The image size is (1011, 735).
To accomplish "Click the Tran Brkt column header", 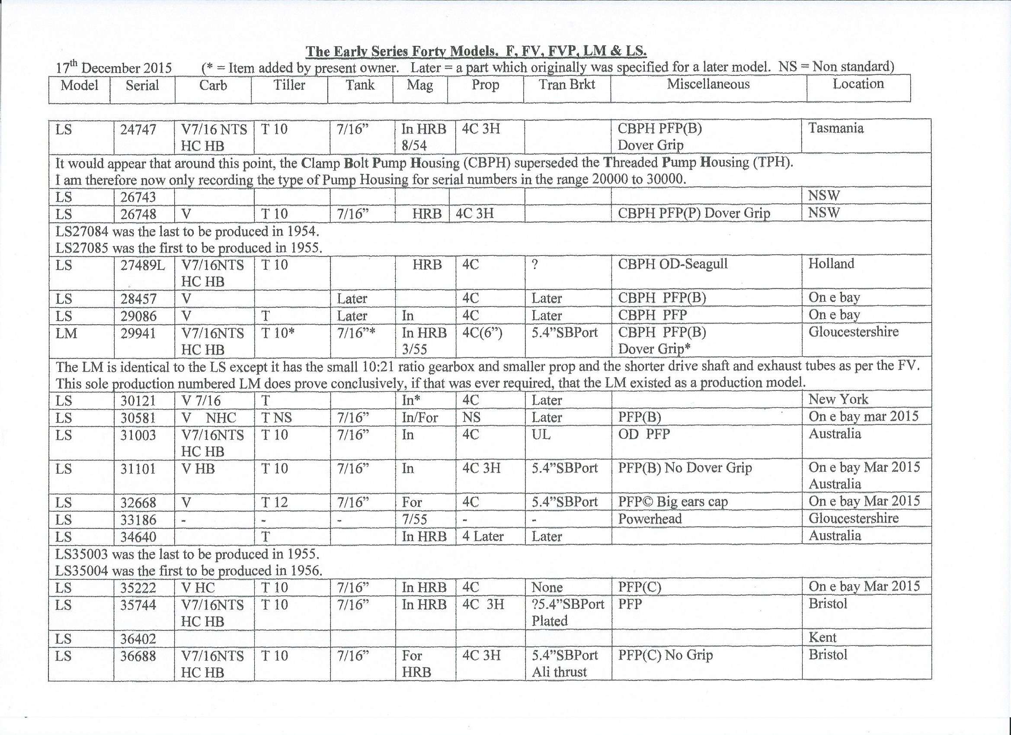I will (566, 85).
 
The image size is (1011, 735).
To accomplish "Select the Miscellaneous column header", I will (708, 84).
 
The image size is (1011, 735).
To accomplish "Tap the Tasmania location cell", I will (836, 128).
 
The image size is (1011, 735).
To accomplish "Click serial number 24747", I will (138, 130).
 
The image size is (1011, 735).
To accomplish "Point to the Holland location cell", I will (831, 264).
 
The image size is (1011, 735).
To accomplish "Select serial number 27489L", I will (142, 265).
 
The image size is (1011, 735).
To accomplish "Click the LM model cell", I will (67, 333).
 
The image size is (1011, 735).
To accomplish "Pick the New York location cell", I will (838, 399).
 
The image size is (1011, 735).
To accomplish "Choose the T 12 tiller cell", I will (274, 502).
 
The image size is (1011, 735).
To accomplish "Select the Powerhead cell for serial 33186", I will (649, 519).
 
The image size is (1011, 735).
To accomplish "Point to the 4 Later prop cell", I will (483, 536).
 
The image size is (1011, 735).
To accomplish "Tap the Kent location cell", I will (822, 638).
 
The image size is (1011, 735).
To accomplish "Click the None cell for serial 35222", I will (547, 588).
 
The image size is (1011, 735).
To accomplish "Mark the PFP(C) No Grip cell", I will (665, 655).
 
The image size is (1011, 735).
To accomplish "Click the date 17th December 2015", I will (114, 68).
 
